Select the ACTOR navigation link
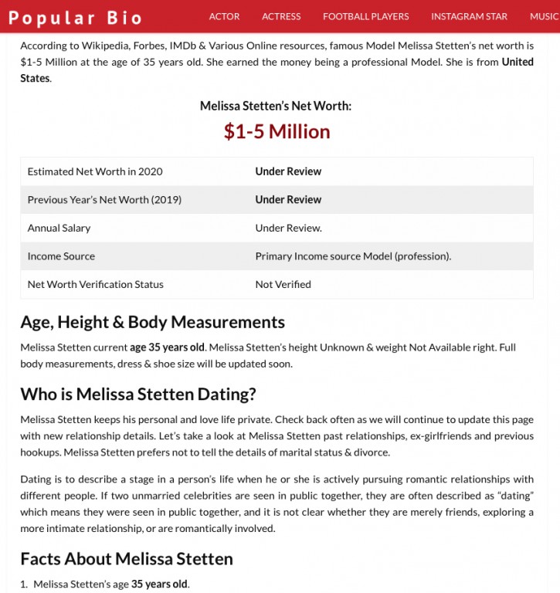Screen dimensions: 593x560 click(x=224, y=16)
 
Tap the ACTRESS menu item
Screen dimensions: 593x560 click(x=281, y=16)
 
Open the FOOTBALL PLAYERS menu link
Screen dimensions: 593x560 click(x=366, y=16)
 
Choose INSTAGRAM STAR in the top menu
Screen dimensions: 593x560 click(x=470, y=16)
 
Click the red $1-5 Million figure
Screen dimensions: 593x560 click(x=277, y=131)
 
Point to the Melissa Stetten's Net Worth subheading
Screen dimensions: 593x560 click(x=276, y=106)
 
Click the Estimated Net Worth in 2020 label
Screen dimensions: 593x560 click(x=95, y=171)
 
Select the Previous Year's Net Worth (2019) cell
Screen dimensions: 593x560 click(x=104, y=200)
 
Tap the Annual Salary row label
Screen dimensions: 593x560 click(x=59, y=228)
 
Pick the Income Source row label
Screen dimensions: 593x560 click(x=61, y=256)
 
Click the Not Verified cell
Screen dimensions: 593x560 click(x=283, y=284)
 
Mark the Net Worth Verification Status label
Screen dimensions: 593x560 click(x=95, y=284)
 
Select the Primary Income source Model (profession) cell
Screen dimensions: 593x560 click(x=353, y=256)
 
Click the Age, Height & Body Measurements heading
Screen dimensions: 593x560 click(x=152, y=322)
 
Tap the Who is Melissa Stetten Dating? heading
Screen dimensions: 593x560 click(x=138, y=395)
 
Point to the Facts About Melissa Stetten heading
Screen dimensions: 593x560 click(x=127, y=558)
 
